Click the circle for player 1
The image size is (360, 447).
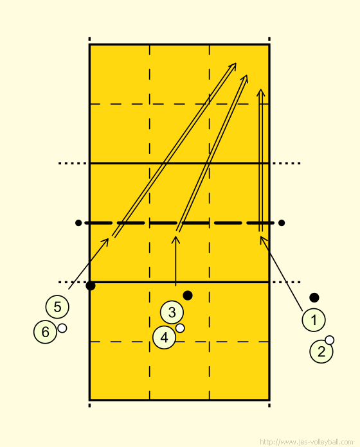click(x=314, y=320)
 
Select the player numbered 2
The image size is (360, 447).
click(x=321, y=351)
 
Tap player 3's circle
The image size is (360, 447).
click(x=172, y=312)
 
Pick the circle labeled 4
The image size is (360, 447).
click(x=165, y=338)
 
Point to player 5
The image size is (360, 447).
click(x=57, y=307)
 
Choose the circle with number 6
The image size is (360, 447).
click(x=46, y=332)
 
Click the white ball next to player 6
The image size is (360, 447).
click(x=62, y=328)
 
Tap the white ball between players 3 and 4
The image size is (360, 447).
click(x=180, y=328)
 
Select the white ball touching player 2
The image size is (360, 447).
click(x=330, y=340)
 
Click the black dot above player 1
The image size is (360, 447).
click(x=314, y=297)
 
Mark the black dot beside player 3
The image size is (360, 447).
click(x=188, y=295)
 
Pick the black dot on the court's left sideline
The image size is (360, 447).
click(x=91, y=286)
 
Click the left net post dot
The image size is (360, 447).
click(x=78, y=223)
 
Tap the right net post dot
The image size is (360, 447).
click(x=282, y=223)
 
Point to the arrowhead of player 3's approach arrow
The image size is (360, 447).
click(x=175, y=237)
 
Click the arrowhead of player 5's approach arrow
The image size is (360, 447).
click(x=108, y=239)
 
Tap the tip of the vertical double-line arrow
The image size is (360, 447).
click(x=261, y=89)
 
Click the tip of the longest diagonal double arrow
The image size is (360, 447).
click(x=236, y=64)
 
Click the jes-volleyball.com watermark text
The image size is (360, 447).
click(x=306, y=442)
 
